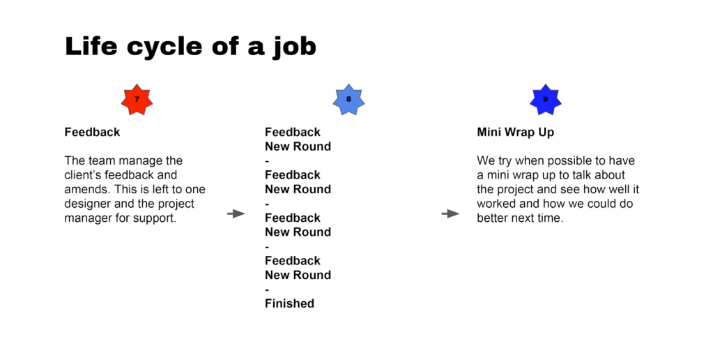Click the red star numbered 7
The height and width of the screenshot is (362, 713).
(137, 100)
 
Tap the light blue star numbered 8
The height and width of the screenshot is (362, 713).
(348, 99)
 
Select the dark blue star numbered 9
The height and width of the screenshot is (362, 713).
(546, 100)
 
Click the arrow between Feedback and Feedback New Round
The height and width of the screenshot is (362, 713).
(236, 213)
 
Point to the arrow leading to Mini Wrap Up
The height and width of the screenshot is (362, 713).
(450, 213)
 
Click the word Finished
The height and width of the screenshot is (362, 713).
(290, 303)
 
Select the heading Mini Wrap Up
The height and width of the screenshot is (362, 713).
(516, 133)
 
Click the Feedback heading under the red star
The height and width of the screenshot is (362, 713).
(92, 132)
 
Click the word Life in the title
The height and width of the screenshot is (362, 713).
(91, 46)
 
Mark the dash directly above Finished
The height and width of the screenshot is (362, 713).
(268, 289)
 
